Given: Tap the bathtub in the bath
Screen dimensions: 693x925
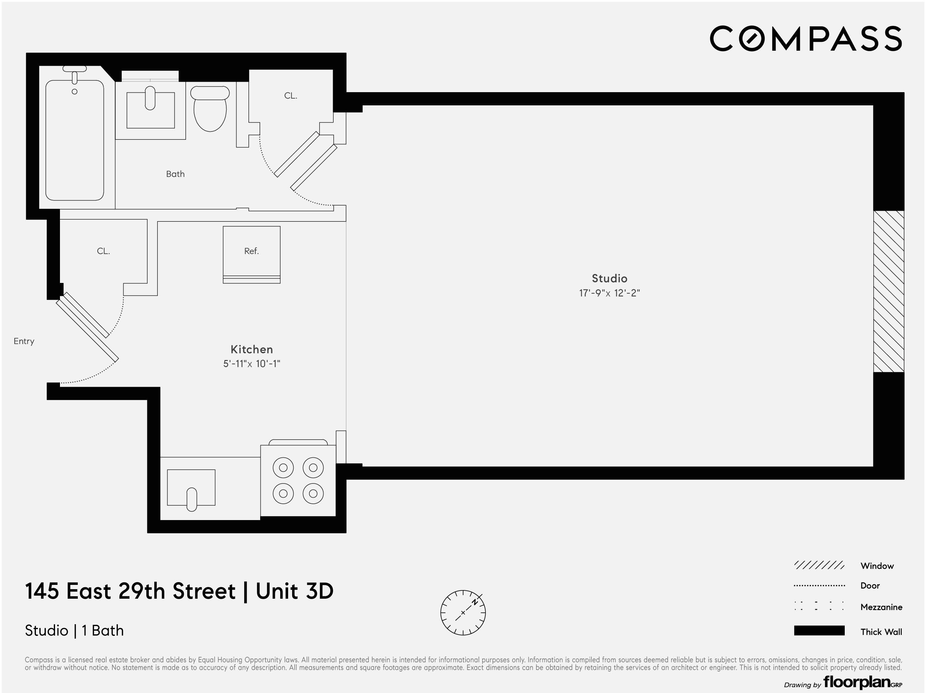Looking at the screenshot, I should click(x=74, y=140).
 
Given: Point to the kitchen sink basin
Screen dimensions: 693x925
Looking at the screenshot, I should click(x=191, y=488).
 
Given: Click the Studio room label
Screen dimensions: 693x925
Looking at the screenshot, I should click(x=609, y=279).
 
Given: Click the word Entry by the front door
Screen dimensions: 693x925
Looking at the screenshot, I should click(x=24, y=341).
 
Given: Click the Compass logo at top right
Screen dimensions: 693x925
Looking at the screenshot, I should click(x=805, y=39).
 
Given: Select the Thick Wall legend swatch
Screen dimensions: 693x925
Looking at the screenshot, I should click(x=819, y=631).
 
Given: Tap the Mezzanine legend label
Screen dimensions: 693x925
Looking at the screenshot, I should click(x=881, y=607).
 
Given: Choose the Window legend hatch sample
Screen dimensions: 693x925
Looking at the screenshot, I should click(x=819, y=566).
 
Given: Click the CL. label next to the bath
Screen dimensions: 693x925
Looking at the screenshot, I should click(x=291, y=96).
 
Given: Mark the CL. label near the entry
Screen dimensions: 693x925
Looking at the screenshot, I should click(x=103, y=251).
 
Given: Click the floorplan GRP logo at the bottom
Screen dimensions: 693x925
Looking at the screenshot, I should click(x=862, y=682).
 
